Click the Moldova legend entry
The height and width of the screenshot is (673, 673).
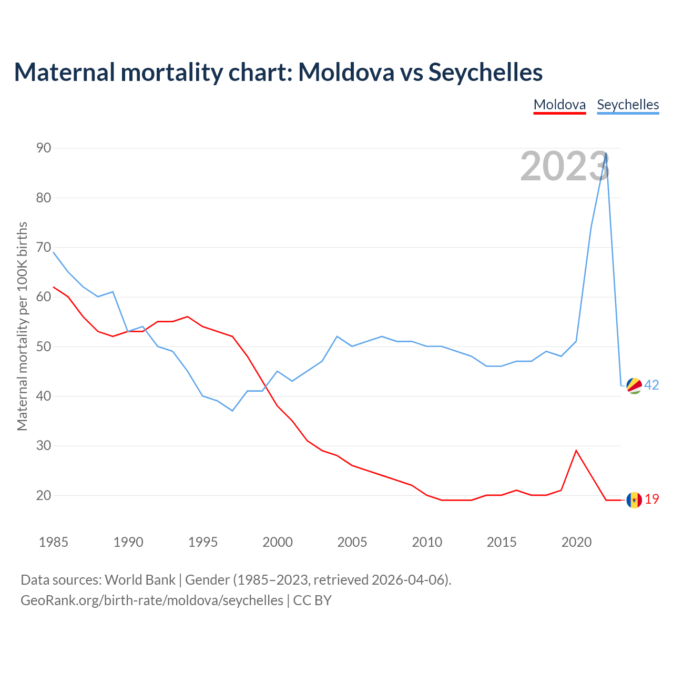pos(559,105)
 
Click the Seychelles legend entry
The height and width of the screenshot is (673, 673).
pos(628,105)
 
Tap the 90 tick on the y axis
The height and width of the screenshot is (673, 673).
pos(44,148)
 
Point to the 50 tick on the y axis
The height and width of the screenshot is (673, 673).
pos(44,346)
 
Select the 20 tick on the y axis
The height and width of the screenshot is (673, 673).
pos(44,495)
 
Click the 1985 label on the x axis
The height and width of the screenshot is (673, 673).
pos(54,542)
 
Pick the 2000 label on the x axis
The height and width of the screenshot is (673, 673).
pos(278,542)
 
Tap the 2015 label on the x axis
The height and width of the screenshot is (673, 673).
pos(502,542)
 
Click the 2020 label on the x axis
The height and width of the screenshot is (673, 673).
pos(576,542)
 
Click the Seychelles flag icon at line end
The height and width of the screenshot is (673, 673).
pos(634,385)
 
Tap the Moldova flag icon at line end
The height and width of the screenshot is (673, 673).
pos(634,500)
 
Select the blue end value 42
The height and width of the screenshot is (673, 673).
pos(651,385)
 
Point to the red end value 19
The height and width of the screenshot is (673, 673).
pos(652,499)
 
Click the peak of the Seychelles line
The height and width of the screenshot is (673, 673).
pos(606,154)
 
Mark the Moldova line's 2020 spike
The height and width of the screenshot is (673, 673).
pos(576,451)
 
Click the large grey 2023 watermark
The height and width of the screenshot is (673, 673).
pos(565,166)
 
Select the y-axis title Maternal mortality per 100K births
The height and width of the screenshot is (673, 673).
pos(22,326)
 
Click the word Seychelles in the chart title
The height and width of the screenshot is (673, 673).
pos(485,72)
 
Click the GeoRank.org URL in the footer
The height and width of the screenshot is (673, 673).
pos(152,600)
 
